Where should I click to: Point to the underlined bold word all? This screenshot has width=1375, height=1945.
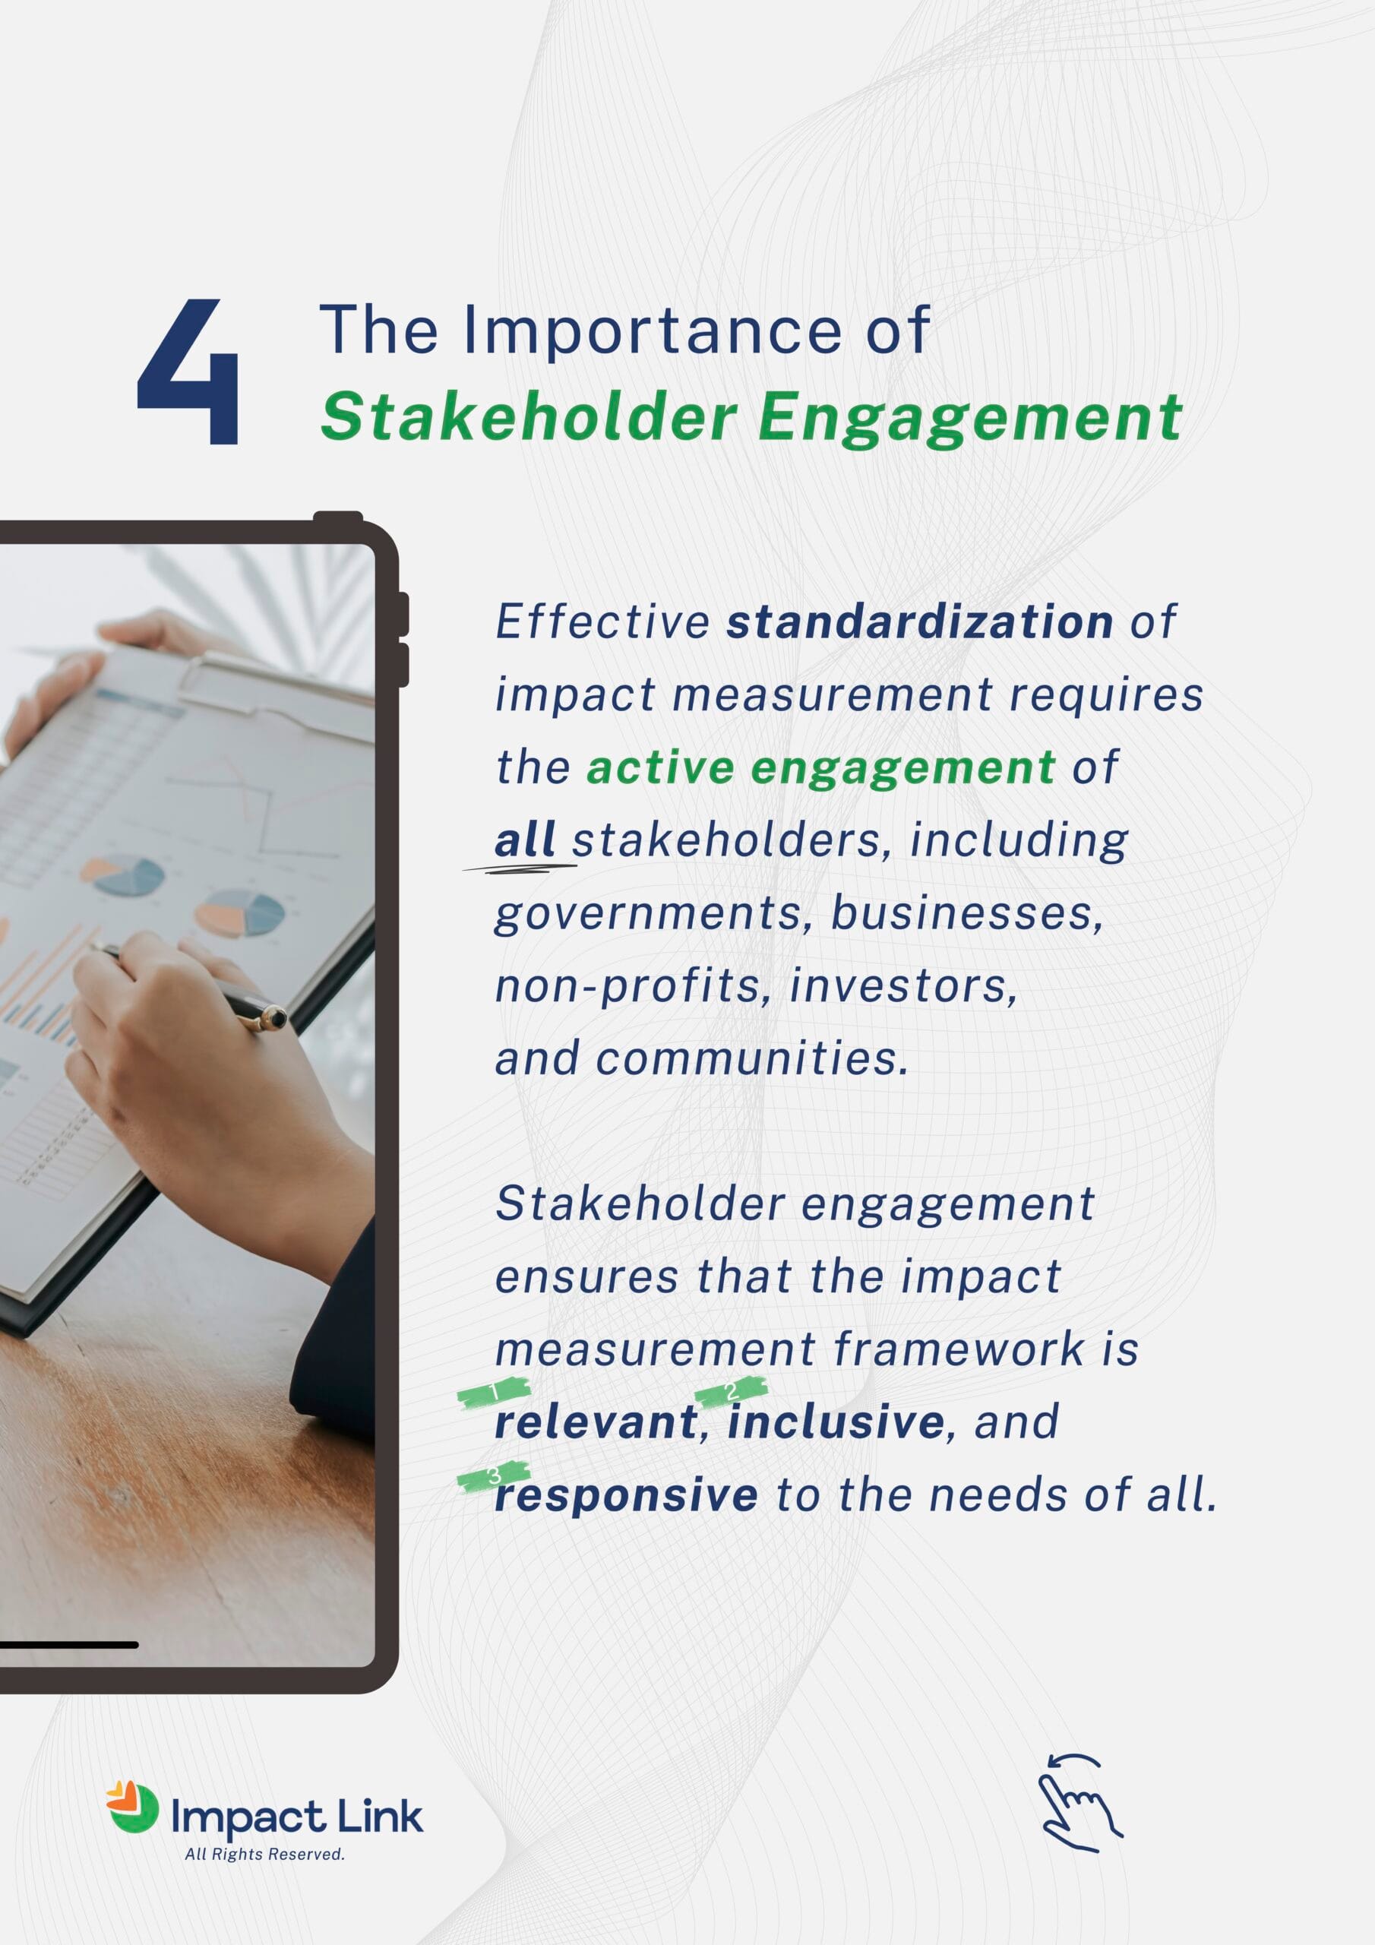(x=524, y=840)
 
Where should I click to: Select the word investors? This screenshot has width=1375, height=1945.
(x=903, y=986)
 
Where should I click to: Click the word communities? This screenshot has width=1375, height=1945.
(x=751, y=1059)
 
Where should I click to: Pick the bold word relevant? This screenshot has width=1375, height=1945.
(x=596, y=1422)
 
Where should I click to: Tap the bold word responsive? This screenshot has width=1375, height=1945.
(x=626, y=1495)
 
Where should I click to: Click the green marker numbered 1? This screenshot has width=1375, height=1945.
(x=494, y=1392)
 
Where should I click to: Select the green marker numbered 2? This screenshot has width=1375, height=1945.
(x=731, y=1390)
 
